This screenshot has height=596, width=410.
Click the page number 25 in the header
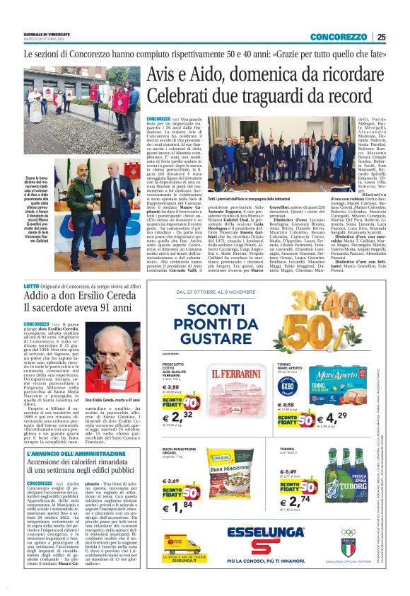click(x=381, y=38)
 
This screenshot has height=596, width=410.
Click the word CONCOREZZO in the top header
click(x=338, y=38)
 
